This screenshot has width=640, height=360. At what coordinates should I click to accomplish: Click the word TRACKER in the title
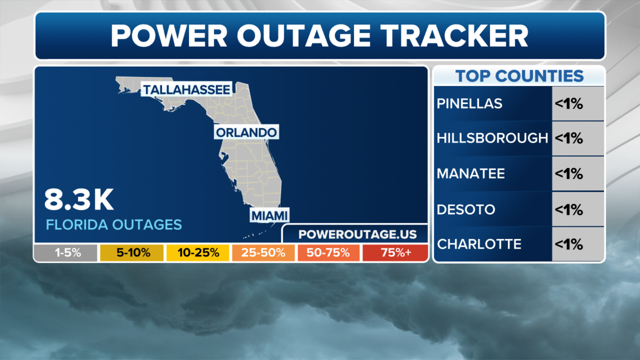click(454, 36)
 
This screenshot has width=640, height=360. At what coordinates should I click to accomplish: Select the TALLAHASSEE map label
click(186, 89)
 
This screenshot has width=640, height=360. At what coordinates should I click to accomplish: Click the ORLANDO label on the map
click(246, 132)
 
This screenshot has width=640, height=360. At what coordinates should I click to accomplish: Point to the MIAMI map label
click(269, 216)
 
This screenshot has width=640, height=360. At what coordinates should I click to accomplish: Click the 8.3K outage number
click(79, 200)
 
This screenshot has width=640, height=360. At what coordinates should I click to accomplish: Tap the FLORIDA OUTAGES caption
click(114, 225)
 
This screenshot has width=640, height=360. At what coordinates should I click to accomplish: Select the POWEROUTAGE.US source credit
click(357, 234)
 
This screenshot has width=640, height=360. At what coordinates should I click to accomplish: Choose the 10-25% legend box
click(198, 253)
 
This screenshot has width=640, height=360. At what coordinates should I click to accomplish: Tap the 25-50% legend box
click(263, 253)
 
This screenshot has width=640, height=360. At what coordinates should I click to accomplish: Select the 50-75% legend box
click(329, 253)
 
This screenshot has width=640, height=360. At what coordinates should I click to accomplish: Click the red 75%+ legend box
click(395, 253)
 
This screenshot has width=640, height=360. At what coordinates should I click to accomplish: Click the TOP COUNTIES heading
click(519, 76)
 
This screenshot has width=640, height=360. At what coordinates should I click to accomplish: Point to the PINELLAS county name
click(469, 104)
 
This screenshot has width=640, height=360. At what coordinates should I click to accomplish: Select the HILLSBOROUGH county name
click(492, 138)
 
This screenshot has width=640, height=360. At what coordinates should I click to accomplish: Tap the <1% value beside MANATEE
click(569, 174)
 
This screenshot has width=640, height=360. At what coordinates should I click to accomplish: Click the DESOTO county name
click(466, 210)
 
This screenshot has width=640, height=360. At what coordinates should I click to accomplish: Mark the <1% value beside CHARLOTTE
click(569, 244)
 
